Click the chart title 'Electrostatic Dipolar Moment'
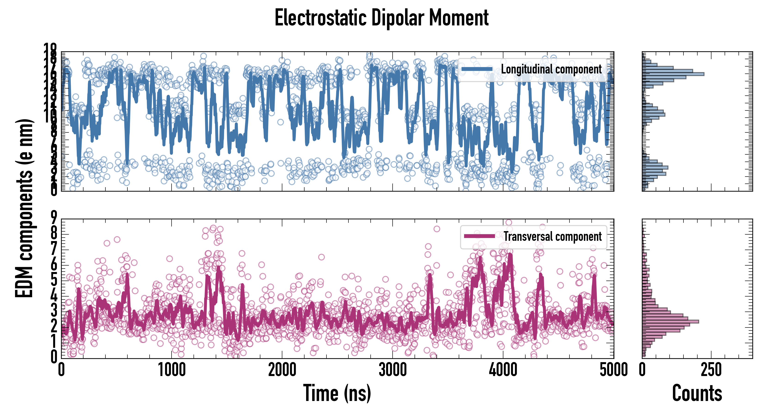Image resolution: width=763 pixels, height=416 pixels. (381, 18)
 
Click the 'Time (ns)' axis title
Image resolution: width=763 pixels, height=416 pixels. (337, 393)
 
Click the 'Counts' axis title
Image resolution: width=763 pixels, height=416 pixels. (697, 393)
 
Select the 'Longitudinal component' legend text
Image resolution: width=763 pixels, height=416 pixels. (551, 69)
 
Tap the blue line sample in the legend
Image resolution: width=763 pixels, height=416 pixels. (477, 69)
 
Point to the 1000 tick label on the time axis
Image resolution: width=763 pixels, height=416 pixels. (172, 370)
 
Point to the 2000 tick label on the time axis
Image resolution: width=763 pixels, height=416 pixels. (282, 370)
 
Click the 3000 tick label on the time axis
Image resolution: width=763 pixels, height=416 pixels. (393, 370)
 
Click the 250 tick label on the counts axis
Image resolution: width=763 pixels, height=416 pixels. (711, 370)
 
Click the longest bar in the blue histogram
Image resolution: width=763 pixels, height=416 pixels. (673, 74)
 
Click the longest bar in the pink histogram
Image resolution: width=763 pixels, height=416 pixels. (670, 321)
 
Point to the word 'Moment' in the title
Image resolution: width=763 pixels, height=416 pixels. (459, 18)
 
